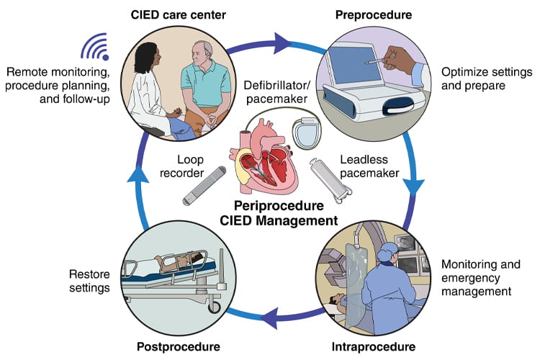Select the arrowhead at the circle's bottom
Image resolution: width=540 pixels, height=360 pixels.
[264, 314]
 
